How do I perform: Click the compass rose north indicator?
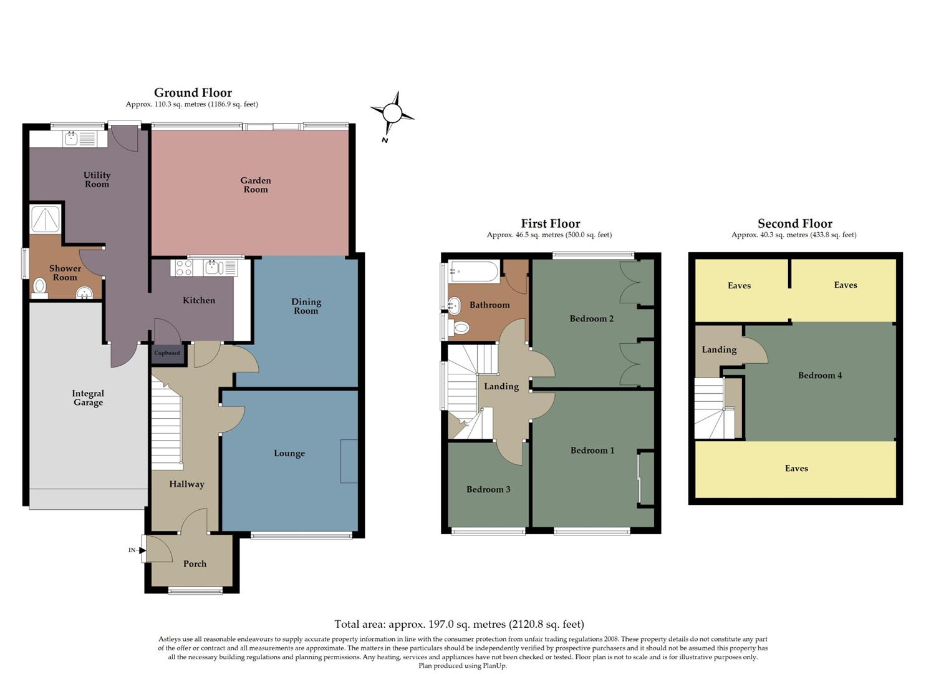tap(392, 114)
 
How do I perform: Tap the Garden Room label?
tap(256, 185)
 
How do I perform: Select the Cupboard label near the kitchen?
tap(166, 353)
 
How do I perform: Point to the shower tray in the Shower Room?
tap(46, 218)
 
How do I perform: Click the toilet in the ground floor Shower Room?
tap(40, 286)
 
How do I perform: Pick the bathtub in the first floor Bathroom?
tap(475, 271)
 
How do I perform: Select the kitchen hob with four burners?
tap(184, 268)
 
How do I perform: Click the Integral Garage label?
tap(88, 398)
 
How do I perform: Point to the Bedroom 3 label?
tap(488, 489)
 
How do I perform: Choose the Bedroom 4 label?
tap(820, 375)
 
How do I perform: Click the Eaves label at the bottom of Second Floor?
tap(796, 468)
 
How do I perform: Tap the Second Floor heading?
tap(794, 223)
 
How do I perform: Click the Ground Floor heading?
tap(193, 93)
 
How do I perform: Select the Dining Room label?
tap(306, 306)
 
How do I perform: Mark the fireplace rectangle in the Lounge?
tap(349, 461)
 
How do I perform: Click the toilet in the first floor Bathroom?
tap(461, 327)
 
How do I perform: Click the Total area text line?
tap(459, 624)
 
